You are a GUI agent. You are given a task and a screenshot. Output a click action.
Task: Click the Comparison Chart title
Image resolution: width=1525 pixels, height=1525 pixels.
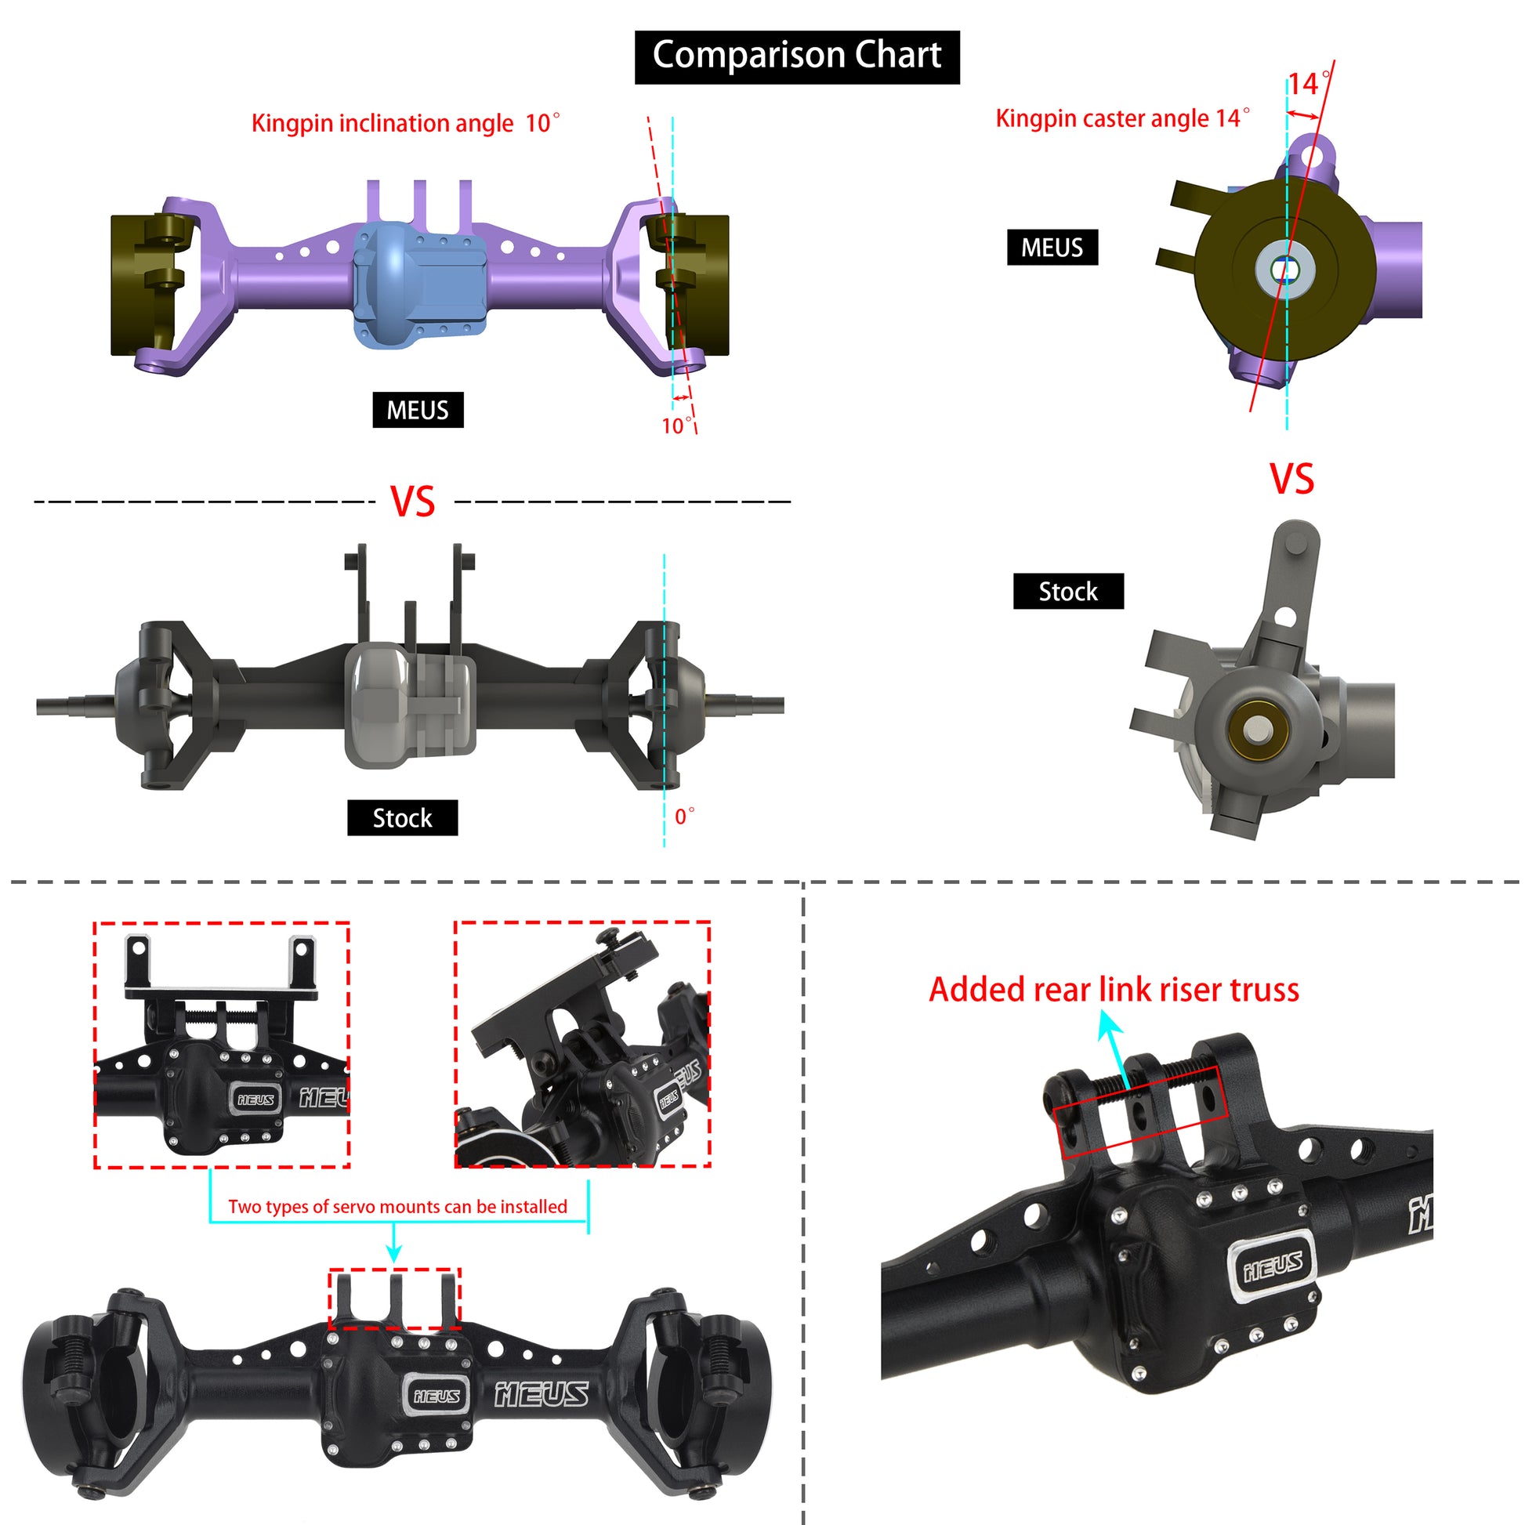796,57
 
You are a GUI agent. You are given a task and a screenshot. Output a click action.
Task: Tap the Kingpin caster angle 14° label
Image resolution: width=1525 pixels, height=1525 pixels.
1122,118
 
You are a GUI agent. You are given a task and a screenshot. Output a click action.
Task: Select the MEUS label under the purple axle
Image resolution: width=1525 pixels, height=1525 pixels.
418,410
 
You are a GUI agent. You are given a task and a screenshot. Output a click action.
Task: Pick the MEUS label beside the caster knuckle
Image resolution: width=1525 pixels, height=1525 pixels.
1052,247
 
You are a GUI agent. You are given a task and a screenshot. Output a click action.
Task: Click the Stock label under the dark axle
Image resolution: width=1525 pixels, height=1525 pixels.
403,818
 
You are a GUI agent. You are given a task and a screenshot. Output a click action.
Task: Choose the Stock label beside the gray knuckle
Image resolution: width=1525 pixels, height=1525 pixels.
1068,591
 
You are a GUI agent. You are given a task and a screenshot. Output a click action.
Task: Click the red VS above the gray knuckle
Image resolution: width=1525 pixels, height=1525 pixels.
1291,479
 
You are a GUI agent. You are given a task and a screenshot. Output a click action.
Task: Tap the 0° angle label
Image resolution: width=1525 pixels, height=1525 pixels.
684,816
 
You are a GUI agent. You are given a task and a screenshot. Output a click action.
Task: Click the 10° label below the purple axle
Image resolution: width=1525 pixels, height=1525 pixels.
676,426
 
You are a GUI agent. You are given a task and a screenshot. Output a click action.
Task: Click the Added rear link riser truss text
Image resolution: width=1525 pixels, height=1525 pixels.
1114,990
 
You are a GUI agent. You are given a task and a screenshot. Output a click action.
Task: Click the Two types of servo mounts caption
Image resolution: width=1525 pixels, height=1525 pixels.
398,1206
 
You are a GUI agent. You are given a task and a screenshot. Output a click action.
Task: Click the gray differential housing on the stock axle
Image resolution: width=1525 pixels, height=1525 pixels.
411,704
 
